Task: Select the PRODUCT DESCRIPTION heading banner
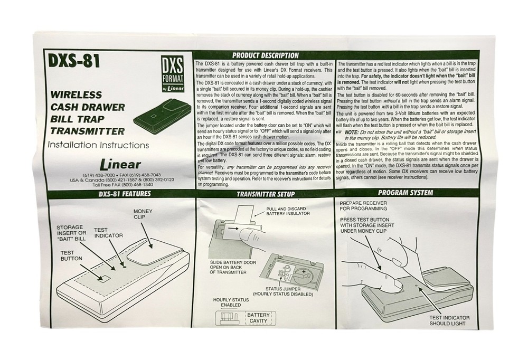[x=266, y=55]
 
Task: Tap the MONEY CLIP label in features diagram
[x=143, y=214]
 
